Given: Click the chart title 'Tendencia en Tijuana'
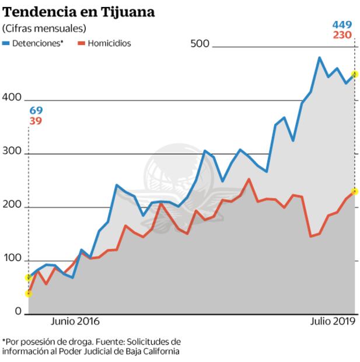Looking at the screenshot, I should [78, 12].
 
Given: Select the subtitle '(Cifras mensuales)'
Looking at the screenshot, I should [44, 28].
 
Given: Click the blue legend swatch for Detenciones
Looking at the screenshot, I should [6, 43].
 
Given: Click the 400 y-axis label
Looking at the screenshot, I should [12, 99].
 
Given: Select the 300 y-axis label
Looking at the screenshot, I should [12, 153].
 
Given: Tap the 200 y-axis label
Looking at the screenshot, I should [12, 207].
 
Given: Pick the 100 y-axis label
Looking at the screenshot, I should [12, 260].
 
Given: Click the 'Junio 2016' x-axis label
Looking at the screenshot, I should [75, 322].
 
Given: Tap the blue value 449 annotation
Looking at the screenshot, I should [342, 25].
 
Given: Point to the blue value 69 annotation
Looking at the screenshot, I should [36, 110].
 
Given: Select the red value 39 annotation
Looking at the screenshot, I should [36, 121].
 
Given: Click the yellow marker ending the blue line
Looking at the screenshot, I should [354, 74].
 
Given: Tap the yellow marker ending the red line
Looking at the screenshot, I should [354, 192].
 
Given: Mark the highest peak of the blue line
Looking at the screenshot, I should [319, 58].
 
